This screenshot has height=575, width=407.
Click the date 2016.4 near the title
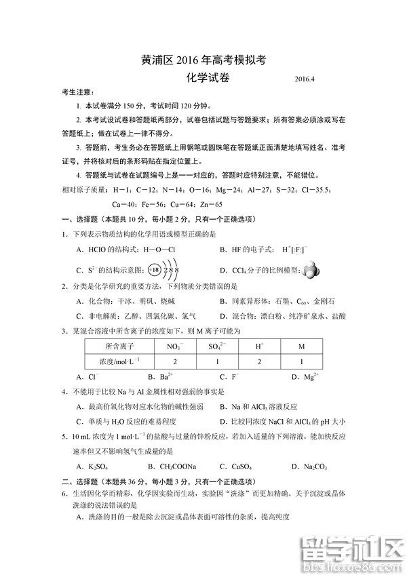coord(305,80)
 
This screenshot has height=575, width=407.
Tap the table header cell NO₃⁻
coord(175,346)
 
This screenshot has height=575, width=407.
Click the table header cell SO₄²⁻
coord(218,346)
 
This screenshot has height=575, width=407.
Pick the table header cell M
coord(301,346)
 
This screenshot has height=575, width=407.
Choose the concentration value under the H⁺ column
coord(259,361)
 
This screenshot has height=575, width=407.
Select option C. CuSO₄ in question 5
coord(235,466)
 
